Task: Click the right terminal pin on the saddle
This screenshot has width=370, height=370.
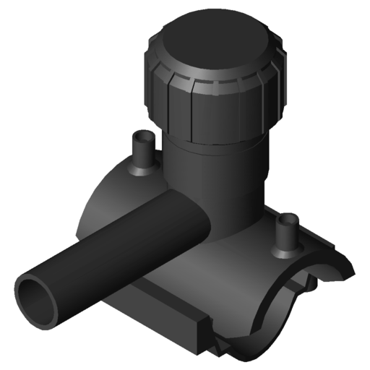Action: point(288,231)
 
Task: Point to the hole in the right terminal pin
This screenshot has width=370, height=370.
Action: point(288,218)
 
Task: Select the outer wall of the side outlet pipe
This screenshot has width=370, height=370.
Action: point(116,246)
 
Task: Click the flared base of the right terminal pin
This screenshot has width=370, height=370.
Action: point(288,249)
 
